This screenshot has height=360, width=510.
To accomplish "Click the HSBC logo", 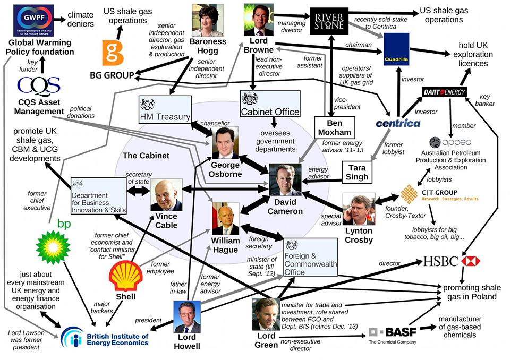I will point(452,261).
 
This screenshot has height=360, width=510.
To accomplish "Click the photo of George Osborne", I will point(225,143).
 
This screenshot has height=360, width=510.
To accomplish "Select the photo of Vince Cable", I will point(166,194).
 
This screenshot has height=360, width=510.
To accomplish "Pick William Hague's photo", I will point(225,218).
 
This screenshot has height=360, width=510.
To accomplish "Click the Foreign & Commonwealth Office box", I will point(310,257).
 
